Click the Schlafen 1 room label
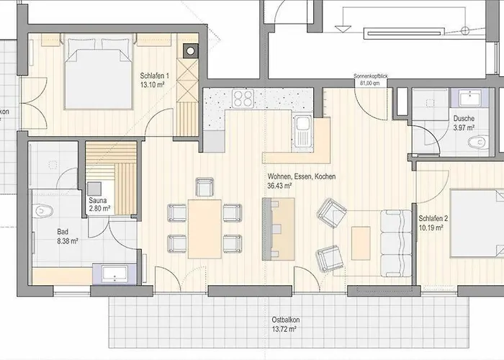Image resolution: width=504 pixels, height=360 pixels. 154,76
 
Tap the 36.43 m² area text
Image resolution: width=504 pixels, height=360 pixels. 279,186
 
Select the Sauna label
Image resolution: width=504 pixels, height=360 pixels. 97,200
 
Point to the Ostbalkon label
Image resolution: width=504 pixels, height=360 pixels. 286,320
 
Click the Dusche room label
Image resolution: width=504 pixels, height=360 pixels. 464,118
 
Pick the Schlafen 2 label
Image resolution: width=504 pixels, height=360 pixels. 433,219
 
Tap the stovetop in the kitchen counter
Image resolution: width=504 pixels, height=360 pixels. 243,98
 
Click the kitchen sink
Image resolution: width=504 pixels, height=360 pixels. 302,131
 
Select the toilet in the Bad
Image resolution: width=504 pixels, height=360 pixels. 44,211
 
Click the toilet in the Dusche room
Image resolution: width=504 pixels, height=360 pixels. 479,142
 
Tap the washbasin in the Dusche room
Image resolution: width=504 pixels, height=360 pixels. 470,98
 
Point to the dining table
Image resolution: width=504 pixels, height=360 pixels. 204,229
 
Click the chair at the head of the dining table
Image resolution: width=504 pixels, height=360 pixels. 204,187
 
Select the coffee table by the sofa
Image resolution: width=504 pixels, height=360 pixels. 361,243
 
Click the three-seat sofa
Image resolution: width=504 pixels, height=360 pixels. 396,243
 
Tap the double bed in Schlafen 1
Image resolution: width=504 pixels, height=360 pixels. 99,71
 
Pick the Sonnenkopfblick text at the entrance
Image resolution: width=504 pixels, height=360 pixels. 371,76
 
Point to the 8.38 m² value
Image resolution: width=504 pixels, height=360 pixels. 68,240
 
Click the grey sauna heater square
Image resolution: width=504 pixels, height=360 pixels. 94,189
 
